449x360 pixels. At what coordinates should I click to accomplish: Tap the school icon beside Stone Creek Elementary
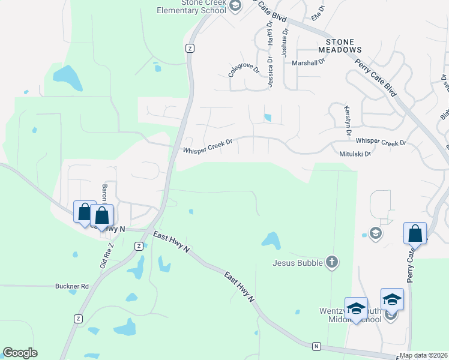click(235, 6)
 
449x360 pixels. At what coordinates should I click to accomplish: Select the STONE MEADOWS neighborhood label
click(344, 46)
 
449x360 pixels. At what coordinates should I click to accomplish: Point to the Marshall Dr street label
click(308, 62)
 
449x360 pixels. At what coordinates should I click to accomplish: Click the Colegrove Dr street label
click(244, 71)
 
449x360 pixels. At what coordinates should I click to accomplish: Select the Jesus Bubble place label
click(298, 262)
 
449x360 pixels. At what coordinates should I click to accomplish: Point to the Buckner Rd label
click(72, 286)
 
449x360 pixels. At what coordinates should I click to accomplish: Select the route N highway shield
click(316, 346)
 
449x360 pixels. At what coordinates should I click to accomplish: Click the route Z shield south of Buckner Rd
click(78, 319)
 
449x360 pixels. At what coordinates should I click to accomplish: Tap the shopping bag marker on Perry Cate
click(415, 233)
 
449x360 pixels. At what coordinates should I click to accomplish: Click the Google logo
click(20, 353)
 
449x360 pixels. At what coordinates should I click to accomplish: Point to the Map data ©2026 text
click(423, 355)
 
